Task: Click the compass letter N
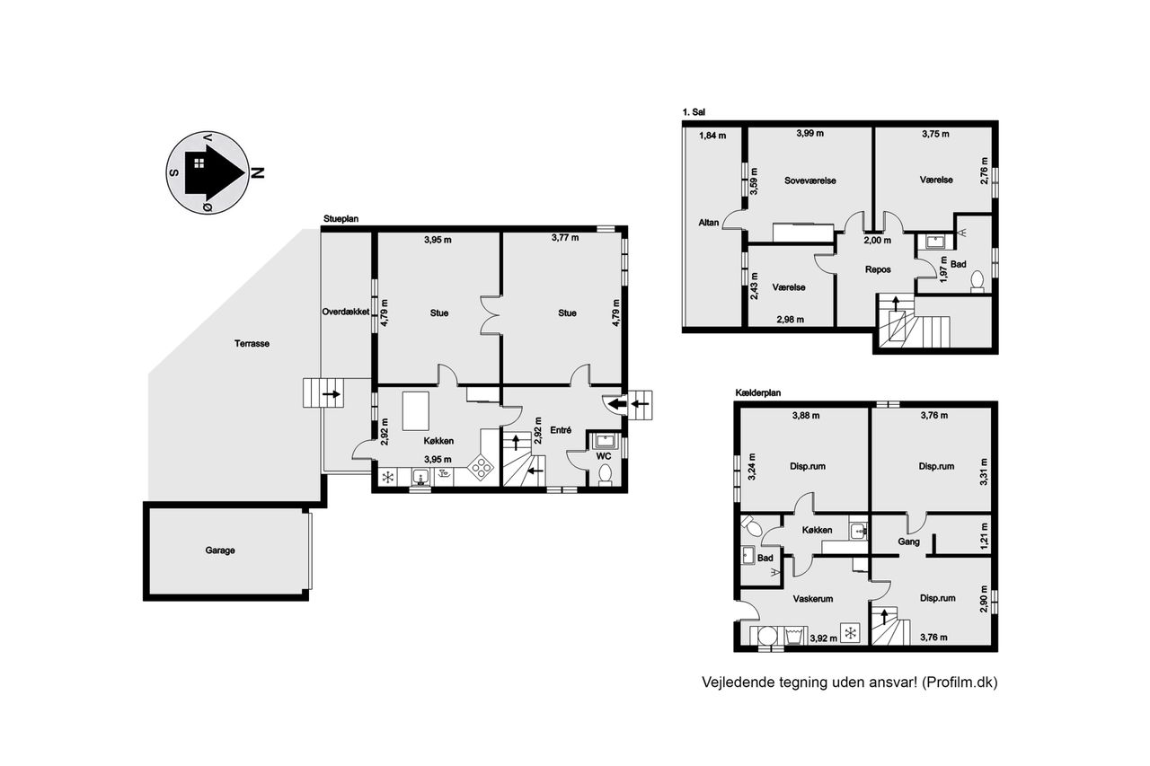point(259,173)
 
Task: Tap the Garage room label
point(220,550)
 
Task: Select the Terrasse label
point(252,344)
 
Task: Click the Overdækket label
point(346,312)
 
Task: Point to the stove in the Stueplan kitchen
point(481,468)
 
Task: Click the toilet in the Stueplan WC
point(606,474)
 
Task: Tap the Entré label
point(561,430)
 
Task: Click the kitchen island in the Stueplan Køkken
point(416,411)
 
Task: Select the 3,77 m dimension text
point(565,238)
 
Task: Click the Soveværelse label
point(810,180)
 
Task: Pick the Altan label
point(709,223)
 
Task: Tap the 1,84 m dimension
point(712,136)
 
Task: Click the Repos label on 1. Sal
point(878,269)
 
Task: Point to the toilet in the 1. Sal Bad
point(977,281)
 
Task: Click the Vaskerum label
point(813,599)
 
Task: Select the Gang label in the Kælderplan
point(908,541)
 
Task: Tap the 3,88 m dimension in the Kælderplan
point(806,416)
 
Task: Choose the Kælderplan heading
point(757,393)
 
